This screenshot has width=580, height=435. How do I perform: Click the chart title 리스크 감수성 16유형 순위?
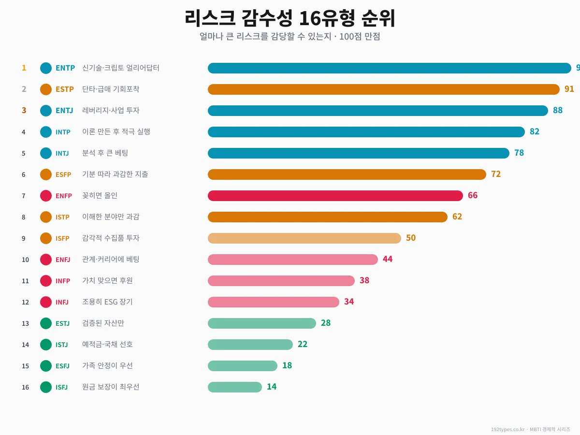coord(290,18)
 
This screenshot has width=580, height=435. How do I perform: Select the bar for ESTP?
coord(383,89)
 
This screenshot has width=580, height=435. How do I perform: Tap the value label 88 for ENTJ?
coord(558,111)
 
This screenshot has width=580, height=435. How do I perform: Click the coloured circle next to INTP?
coord(46,132)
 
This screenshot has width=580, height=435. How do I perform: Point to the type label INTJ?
coord(62,153)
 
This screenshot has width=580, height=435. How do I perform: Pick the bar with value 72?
coord(347,174)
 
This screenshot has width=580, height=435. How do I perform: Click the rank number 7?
coord(23,196)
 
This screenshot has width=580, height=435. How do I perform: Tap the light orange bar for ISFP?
coord(304,238)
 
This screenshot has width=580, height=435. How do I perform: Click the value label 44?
coord(388,260)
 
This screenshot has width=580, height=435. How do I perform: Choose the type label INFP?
coord(63,281)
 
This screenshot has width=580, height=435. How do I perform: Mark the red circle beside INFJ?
coord(46,302)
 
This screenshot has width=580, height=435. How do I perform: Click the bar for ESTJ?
coord(261,323)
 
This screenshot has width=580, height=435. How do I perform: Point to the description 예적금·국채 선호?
coord(107,345)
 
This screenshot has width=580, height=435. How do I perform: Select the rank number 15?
coord(25,366)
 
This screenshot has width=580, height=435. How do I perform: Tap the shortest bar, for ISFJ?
coord(234,387)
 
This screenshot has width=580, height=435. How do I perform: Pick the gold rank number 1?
coord(24,68)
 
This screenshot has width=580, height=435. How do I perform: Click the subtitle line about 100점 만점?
coord(290,37)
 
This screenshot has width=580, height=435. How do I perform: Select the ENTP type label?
coord(65,68)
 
